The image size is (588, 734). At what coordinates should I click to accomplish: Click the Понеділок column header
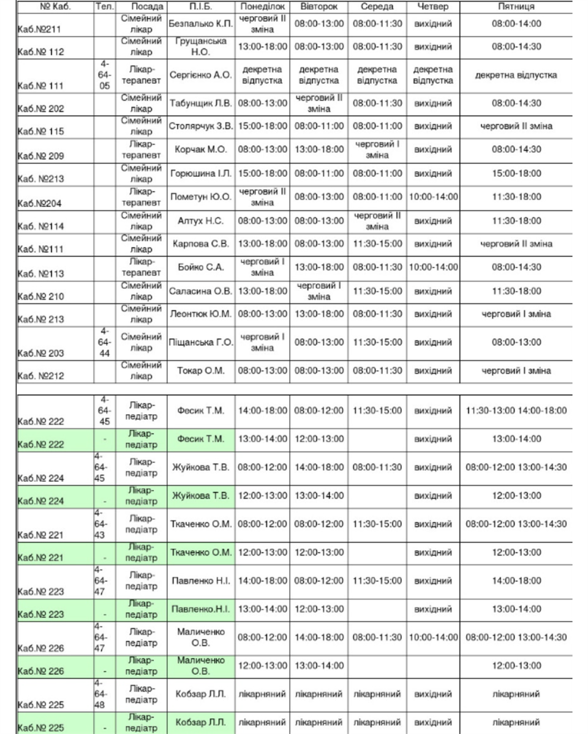point(262,7)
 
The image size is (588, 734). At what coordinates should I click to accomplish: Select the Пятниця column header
point(516,7)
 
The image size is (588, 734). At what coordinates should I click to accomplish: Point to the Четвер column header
point(432,7)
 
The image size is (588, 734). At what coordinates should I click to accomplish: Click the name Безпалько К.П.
point(200,24)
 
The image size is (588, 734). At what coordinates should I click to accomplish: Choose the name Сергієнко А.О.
point(200,76)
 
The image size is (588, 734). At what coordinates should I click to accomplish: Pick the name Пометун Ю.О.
point(200,197)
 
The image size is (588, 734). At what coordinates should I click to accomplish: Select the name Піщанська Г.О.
point(200,343)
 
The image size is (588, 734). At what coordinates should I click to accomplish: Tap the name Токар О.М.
point(200,371)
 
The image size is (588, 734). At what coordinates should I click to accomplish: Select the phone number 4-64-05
point(104,76)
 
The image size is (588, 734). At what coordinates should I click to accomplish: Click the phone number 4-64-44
point(104,343)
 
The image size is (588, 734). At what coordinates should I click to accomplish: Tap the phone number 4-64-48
point(104,694)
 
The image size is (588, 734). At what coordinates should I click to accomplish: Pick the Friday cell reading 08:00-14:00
point(516,24)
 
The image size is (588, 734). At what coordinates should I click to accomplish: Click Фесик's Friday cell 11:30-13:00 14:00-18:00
point(516,410)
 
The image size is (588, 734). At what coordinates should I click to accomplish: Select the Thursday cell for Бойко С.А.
point(432,267)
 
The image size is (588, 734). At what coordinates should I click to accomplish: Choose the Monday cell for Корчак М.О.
point(262,149)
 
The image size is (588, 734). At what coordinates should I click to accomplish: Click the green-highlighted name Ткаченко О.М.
point(200,553)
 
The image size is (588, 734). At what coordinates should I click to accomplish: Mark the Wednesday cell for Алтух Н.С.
point(377,221)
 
